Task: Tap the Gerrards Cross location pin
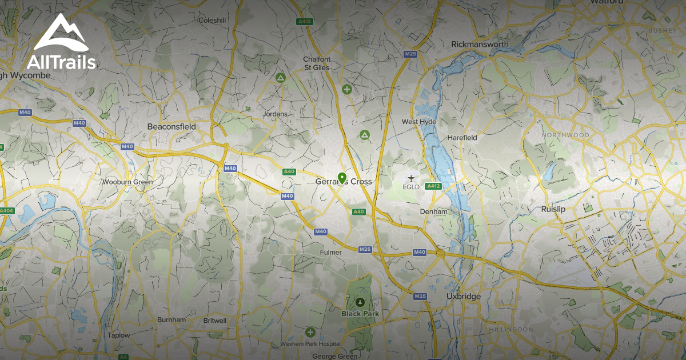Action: (342, 178)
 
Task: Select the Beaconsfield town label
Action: (171, 126)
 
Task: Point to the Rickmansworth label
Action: (480, 44)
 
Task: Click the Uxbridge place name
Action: (463, 297)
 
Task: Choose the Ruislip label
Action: (553, 209)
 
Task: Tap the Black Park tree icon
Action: (360, 302)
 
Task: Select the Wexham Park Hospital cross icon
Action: (310, 332)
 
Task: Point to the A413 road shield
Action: (305, 22)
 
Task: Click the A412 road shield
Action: (433, 186)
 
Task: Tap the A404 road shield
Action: (6, 211)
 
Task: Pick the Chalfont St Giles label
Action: (317, 63)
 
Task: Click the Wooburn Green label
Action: (127, 182)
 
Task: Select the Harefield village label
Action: (462, 138)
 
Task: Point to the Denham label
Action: (433, 211)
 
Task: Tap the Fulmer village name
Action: (331, 252)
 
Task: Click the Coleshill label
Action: (213, 20)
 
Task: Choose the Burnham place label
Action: (171, 320)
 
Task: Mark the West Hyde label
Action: (418, 122)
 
